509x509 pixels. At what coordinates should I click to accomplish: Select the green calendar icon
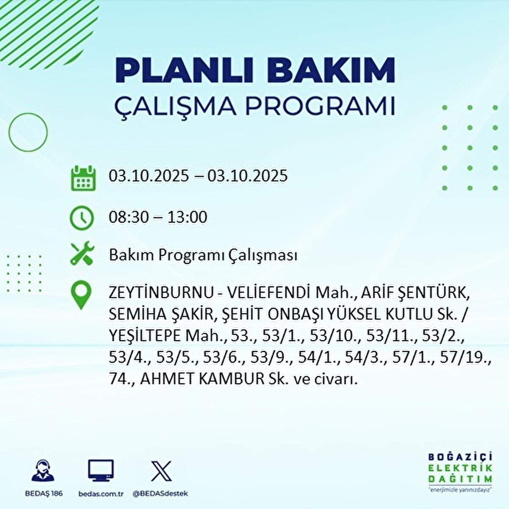83,178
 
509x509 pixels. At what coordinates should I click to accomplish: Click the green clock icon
81,218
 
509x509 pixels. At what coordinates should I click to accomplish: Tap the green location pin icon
81,295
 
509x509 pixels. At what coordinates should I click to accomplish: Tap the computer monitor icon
101,470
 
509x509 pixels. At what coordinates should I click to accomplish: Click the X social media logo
161,471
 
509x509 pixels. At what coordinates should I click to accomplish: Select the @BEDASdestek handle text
160,493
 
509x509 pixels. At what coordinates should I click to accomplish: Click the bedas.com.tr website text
101,493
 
